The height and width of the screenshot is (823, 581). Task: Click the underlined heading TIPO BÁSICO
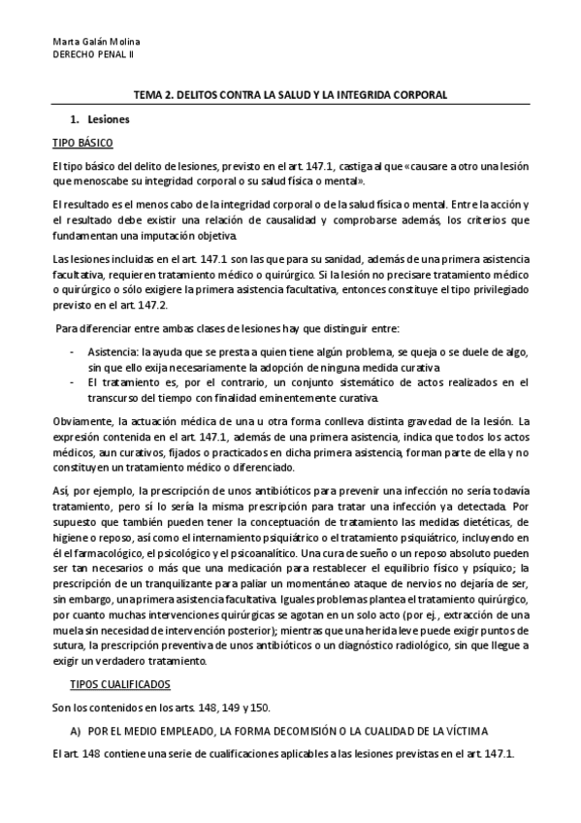[x=82, y=143]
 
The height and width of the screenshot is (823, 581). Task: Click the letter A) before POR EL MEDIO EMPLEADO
[x=73, y=730]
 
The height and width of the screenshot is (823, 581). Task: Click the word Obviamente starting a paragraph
[x=85, y=421]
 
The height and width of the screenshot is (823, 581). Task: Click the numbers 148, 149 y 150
[x=234, y=707]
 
